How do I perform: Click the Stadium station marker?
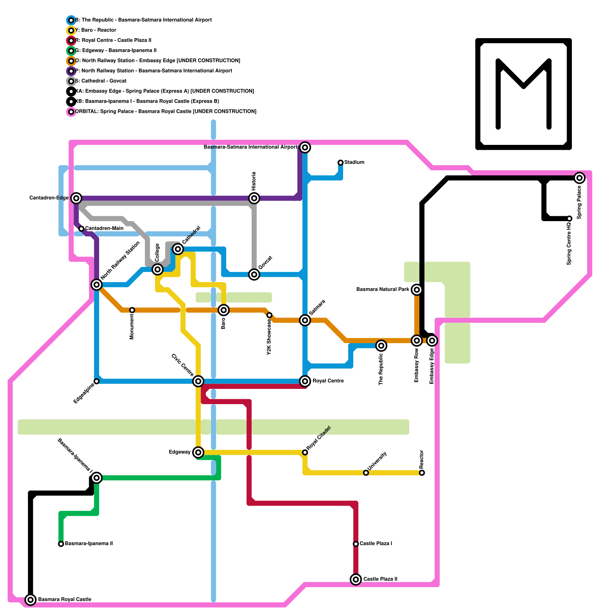click(x=340, y=163)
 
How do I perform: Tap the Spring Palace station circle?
click(x=579, y=178)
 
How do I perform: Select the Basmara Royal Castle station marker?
click(x=30, y=600)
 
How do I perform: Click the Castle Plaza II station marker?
click(x=356, y=579)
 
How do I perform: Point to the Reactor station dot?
click(x=422, y=473)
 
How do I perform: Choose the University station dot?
click(x=366, y=473)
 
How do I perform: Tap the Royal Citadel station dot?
click(x=305, y=453)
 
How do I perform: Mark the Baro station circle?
click(x=224, y=310)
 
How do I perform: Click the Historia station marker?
click(x=254, y=198)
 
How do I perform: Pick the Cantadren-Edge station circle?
click(x=77, y=198)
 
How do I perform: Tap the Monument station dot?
click(x=132, y=310)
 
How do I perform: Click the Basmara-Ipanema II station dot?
click(x=61, y=544)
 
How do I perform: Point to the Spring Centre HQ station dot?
click(x=569, y=218)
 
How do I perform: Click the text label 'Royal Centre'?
click(x=328, y=381)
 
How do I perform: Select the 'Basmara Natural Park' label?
click(x=382, y=290)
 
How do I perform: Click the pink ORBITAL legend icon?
click(x=71, y=112)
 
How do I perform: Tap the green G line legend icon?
click(x=71, y=51)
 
